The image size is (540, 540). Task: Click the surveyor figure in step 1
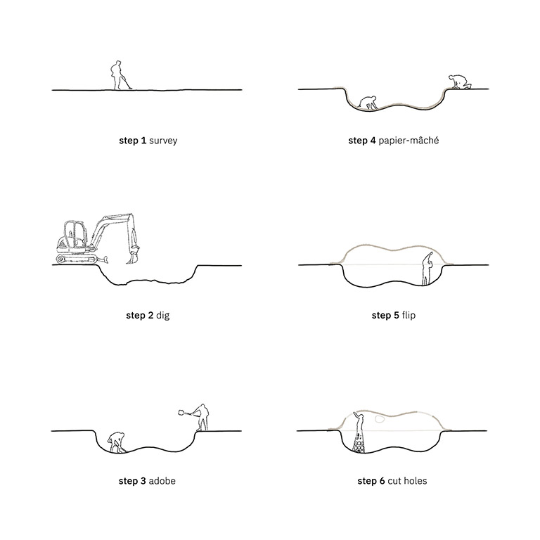[x=119, y=76]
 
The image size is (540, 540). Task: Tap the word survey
[x=163, y=141]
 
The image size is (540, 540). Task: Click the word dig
[x=163, y=316]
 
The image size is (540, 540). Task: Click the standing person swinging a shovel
[x=201, y=418]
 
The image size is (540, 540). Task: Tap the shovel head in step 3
[x=181, y=412]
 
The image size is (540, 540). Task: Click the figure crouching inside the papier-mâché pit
[x=368, y=102]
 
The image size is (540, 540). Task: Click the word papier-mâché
[x=409, y=141]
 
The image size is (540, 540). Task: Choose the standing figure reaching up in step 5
[x=427, y=269]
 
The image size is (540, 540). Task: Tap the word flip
[x=409, y=315]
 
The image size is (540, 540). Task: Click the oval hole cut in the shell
[x=379, y=419]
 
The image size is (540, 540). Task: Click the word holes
[x=416, y=481]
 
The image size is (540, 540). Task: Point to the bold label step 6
[x=371, y=481]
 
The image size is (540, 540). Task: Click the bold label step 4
[x=362, y=141]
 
